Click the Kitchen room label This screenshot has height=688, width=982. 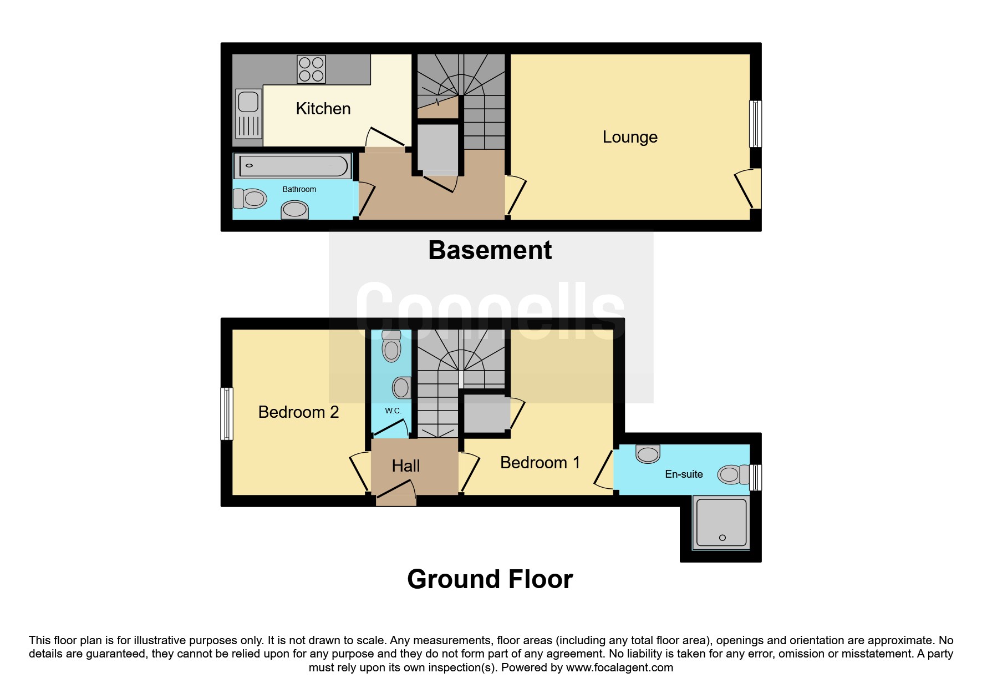[323, 109]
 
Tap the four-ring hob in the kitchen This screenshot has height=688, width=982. [311, 69]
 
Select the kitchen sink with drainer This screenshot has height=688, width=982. [248, 114]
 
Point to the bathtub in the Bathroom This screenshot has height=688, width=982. [293, 166]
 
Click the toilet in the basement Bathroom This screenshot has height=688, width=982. [250, 198]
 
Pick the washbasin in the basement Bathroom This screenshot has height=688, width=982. [294, 210]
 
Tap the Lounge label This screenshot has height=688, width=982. [630, 137]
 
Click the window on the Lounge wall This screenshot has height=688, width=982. [755, 124]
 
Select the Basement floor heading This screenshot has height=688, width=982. [490, 250]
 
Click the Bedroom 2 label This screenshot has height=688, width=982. [298, 412]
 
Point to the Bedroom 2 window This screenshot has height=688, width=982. [226, 414]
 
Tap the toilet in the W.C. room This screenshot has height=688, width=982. [391, 346]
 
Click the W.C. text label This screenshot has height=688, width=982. [393, 411]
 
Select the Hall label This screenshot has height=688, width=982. [406, 466]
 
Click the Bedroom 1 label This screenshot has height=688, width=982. [540, 463]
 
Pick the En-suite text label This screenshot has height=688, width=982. [684, 474]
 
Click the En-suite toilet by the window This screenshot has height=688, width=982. [734, 475]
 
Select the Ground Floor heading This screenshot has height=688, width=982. [490, 579]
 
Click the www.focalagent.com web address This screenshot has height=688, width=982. [619, 667]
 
